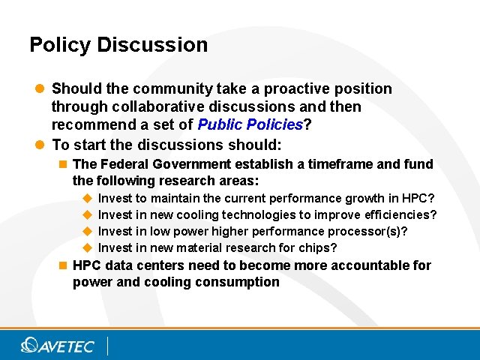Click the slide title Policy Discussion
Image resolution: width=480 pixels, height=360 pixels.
click(x=118, y=45)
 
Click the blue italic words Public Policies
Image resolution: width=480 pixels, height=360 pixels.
click(x=249, y=124)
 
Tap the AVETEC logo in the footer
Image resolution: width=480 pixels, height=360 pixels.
click(x=58, y=345)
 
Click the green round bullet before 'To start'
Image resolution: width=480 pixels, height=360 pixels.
click(x=40, y=145)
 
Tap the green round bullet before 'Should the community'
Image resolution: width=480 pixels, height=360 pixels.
click(x=40, y=89)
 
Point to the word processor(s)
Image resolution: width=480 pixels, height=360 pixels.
click(x=369, y=232)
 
